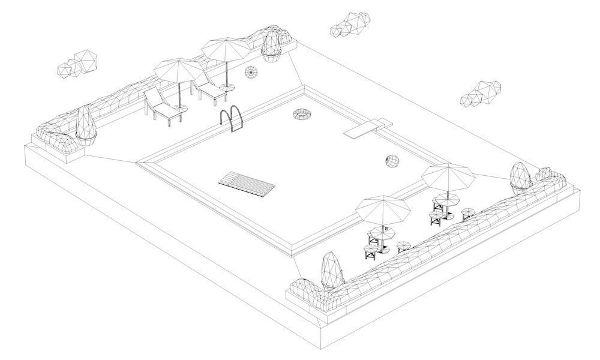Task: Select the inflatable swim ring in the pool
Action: point(302,114)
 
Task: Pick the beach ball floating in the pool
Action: point(392,161)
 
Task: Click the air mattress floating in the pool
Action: point(247,184)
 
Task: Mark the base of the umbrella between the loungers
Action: point(181,109)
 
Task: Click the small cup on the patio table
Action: point(386,229)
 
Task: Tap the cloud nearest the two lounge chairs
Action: point(76,63)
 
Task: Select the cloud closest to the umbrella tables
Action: point(481,94)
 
